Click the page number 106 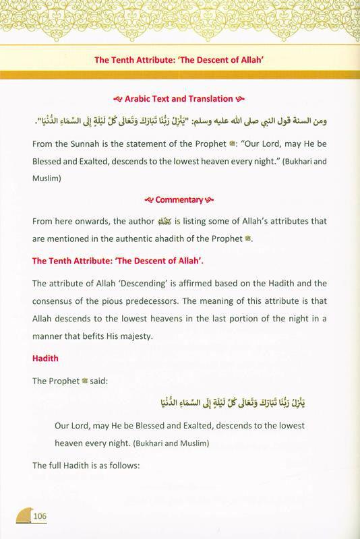point(36,516)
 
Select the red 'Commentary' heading point(179,199)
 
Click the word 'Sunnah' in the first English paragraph point(84,143)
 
